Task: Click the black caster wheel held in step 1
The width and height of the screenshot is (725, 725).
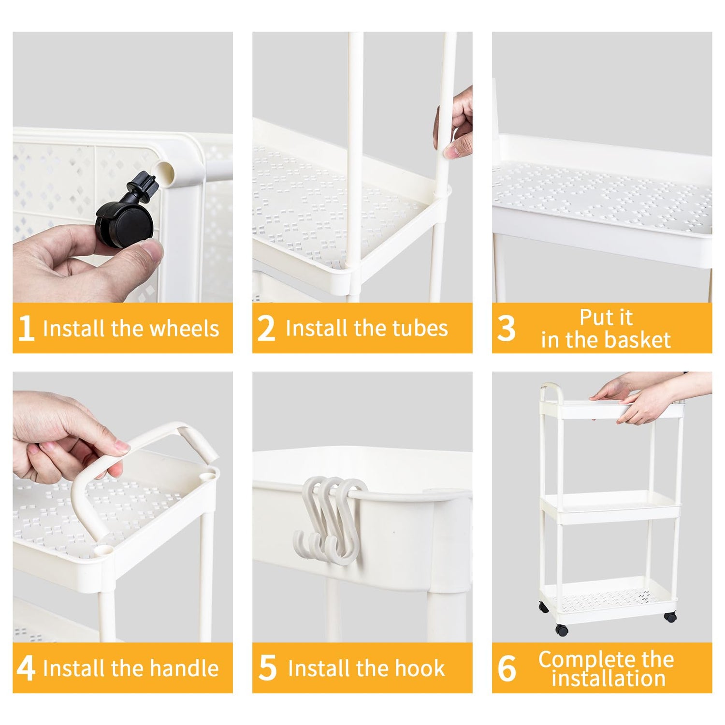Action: [125, 213]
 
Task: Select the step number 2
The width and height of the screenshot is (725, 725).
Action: [266, 329]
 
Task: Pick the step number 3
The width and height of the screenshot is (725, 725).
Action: [506, 329]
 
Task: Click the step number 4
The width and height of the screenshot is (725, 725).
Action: [26, 669]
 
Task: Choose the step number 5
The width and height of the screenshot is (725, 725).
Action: [268, 669]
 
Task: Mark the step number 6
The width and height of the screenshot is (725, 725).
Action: [507, 669]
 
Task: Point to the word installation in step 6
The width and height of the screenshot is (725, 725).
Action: [609, 679]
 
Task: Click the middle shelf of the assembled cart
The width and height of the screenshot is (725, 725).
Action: [610, 507]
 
